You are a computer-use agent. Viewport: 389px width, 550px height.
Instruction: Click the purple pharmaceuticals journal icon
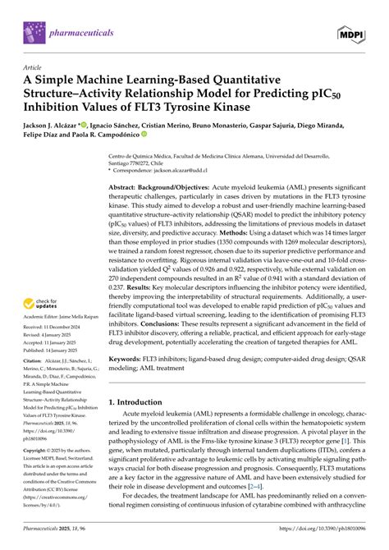[34, 32]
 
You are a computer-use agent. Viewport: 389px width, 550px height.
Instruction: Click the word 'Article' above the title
[33, 67]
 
